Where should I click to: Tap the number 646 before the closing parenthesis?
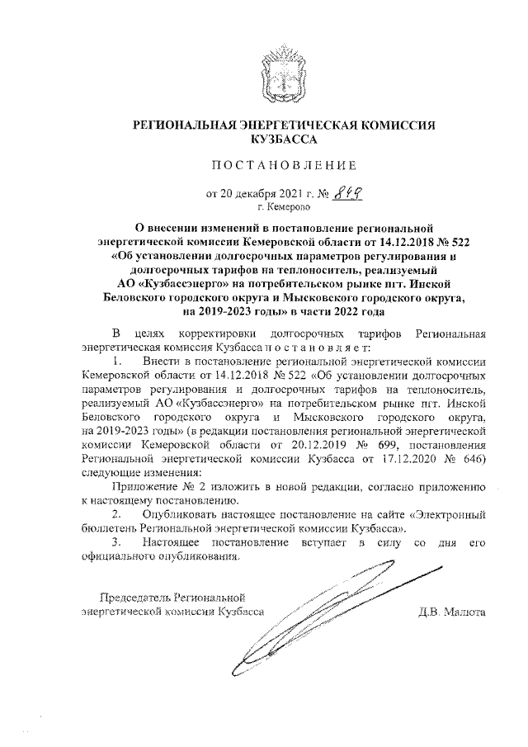coord(471,458)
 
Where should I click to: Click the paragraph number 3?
coord(119,542)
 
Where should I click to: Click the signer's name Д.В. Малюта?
coord(453,612)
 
